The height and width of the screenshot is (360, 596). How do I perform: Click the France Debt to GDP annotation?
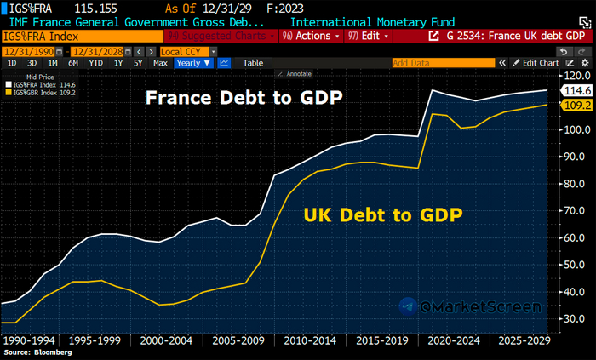tap(244, 97)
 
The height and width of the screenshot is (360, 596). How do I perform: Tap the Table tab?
tap(253, 63)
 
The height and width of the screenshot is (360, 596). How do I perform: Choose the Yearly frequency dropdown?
tap(193, 63)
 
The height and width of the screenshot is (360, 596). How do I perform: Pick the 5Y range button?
tap(137, 63)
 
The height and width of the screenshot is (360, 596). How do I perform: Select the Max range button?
tap(160, 63)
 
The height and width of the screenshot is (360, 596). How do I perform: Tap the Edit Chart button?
tap(538, 63)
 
